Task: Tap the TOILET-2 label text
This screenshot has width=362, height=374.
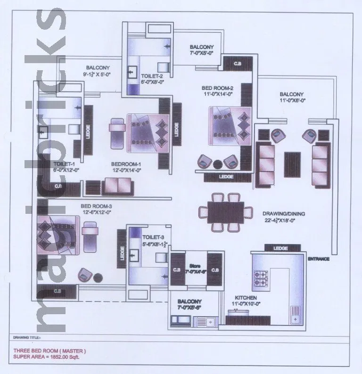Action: click(151, 75)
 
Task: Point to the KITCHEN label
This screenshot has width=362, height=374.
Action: click(246, 298)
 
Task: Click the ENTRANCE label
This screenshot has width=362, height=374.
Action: click(318, 259)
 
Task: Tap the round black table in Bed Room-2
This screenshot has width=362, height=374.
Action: click(217, 164)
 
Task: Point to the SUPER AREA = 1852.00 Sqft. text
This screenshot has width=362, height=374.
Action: click(46, 357)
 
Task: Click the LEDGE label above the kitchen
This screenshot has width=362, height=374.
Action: click(281, 248)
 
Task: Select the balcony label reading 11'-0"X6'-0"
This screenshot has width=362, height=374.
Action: click(291, 100)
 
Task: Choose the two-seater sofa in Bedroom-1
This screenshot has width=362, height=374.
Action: click(118, 187)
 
